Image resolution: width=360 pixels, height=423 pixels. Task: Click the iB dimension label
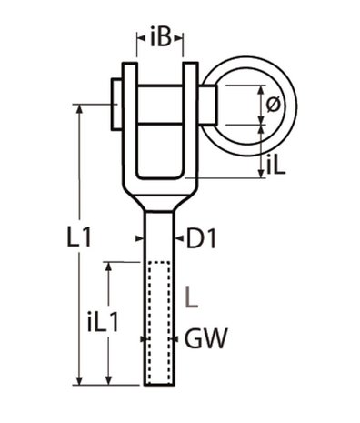point(161,39)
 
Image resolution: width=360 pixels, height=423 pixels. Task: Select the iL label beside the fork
point(278,164)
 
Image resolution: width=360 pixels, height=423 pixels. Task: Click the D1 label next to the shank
point(202,238)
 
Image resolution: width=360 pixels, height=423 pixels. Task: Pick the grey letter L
point(189,295)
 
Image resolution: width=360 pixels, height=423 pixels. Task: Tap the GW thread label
point(205,339)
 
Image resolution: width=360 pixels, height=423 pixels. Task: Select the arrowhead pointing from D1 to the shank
point(180,238)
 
